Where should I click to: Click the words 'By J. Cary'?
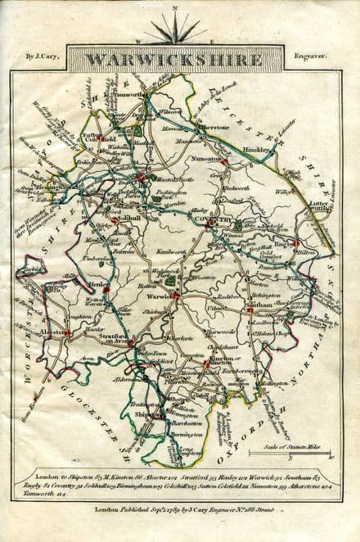pyautogui.click(x=41, y=57)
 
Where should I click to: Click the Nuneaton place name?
pyautogui.click(x=208, y=158)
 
